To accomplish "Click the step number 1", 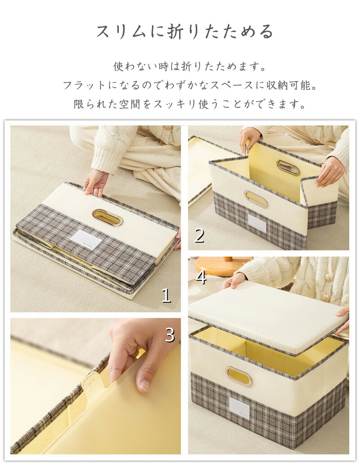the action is coord(166,295).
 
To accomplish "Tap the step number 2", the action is coord(199,236).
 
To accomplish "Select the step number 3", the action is coord(170,334).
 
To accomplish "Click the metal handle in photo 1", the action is coord(107,217).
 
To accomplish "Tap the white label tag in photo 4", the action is coord(239,408).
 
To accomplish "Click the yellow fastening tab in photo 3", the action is coord(94,382).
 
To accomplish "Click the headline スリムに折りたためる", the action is coord(184,31).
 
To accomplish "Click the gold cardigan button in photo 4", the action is coord(325,298).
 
